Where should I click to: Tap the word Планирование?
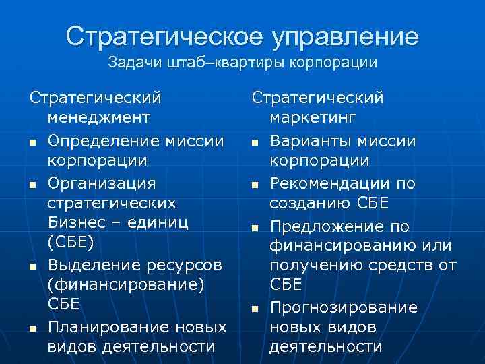pos(108,328)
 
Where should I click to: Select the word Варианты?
pos(309,141)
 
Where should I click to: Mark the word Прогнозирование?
pos(344,307)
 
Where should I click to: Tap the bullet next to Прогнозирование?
pos(255,309)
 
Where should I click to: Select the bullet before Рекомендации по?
pos(255,185)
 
